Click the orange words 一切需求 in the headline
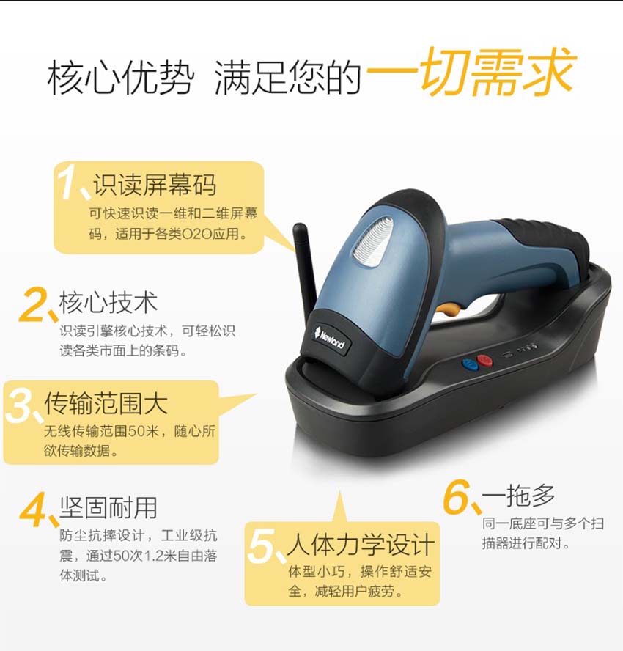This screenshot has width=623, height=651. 470,73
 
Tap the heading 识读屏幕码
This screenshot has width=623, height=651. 155,185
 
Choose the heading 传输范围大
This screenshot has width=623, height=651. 106,403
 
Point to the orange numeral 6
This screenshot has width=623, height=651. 457,499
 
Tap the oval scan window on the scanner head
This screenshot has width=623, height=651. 371,242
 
